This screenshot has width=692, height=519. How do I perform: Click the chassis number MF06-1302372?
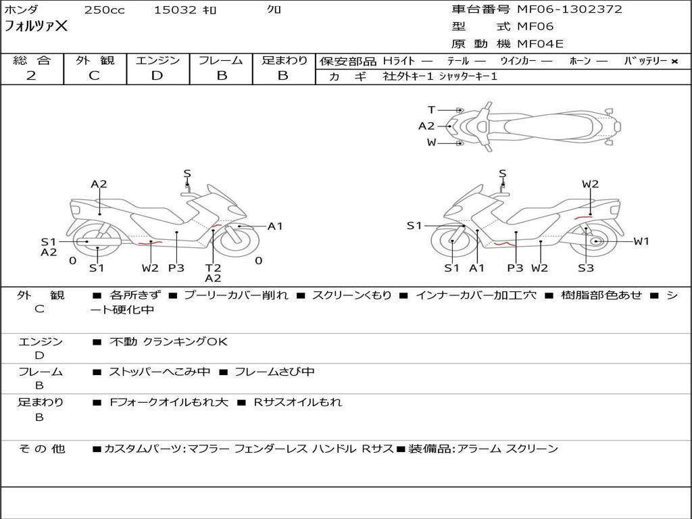tap(570, 9)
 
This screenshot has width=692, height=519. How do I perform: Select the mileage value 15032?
tap(175, 10)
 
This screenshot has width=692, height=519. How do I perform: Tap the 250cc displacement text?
tap(104, 10)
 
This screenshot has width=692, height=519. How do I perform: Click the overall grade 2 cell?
tap(31, 76)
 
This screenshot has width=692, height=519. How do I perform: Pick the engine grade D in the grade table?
tap(157, 76)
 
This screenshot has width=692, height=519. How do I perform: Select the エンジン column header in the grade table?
tap(157, 60)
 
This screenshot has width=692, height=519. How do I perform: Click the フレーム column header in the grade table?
tap(221, 60)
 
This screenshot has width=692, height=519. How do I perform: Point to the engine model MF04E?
tap(540, 44)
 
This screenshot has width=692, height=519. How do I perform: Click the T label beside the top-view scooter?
tap(431, 109)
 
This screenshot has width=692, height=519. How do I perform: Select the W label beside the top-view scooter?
tap(431, 142)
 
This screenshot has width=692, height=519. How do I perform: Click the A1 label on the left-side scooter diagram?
tap(275, 226)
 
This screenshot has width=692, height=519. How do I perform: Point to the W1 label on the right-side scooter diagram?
tap(641, 241)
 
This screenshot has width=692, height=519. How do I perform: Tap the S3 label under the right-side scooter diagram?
tap(585, 268)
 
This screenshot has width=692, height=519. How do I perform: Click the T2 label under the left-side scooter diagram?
tap(213, 268)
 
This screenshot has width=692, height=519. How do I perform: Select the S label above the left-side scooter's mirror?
tap(187, 174)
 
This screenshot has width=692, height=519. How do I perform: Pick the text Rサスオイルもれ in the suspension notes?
tap(297, 402)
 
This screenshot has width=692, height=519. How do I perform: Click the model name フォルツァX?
tap(36, 26)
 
